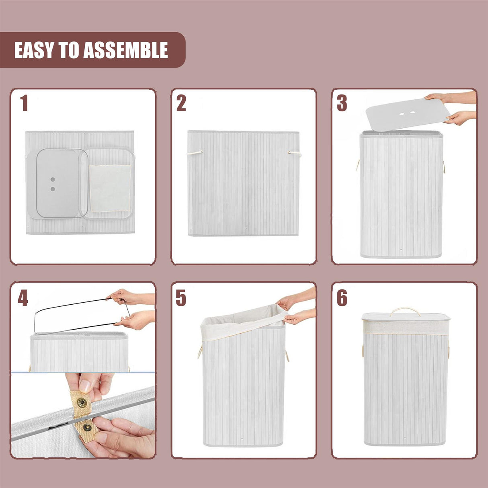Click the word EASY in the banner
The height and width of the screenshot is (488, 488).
click(x=34, y=50)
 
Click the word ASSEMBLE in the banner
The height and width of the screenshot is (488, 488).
click(x=125, y=50)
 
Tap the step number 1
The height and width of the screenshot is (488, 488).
click(x=24, y=103)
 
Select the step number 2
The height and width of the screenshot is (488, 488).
click(x=181, y=103)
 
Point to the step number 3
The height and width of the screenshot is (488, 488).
click(x=342, y=103)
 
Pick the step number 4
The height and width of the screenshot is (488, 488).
click(x=23, y=298)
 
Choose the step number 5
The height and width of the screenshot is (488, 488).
click(x=181, y=298)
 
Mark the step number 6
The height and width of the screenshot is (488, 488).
click(x=342, y=298)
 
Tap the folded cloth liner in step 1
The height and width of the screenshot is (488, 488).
click(x=110, y=188)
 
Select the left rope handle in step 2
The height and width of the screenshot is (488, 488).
click(x=195, y=153)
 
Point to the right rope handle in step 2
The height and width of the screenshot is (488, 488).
click(x=295, y=153)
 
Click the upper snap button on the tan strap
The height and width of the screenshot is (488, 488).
click(x=82, y=402)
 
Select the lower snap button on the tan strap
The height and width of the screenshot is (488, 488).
click(x=87, y=427)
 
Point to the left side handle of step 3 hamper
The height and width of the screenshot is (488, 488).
click(x=357, y=165)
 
